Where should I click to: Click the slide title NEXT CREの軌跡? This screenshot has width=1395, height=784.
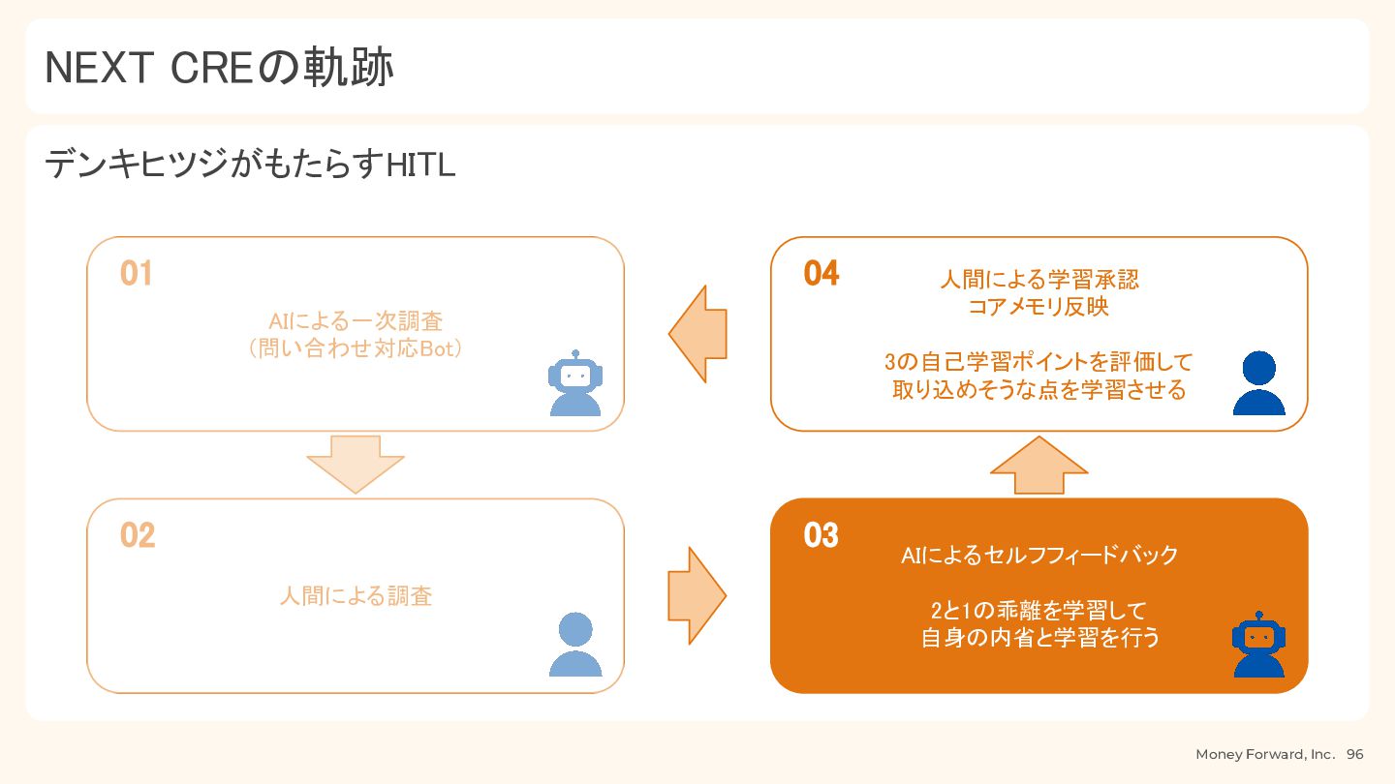click(219, 67)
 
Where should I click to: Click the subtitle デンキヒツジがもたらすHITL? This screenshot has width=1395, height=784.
click(250, 165)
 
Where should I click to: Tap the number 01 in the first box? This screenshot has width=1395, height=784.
click(137, 273)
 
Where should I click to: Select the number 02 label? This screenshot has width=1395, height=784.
click(138, 535)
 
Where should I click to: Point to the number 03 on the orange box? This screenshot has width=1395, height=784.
click(821, 535)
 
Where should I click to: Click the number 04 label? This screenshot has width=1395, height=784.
click(821, 273)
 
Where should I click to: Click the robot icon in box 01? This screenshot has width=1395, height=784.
click(575, 382)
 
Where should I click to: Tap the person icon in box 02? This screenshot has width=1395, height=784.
click(575, 644)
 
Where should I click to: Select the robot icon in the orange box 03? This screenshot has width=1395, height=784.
click(1258, 644)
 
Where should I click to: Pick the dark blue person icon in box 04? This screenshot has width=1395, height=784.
click(1258, 382)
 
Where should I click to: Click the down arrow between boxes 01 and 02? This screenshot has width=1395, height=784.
click(355, 465)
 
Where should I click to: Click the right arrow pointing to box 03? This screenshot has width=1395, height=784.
click(697, 595)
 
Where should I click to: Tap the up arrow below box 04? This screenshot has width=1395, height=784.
click(1038, 465)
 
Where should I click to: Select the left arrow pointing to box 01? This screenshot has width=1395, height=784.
click(697, 334)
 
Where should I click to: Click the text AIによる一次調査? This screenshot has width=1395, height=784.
click(356, 321)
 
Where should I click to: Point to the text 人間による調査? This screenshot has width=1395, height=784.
click(356, 595)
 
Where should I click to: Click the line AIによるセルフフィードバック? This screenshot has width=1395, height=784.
click(1038, 555)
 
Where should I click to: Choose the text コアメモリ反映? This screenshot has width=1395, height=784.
click(1038, 307)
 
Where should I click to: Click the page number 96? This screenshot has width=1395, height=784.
click(1354, 754)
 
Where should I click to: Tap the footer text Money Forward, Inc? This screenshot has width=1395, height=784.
click(1265, 754)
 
